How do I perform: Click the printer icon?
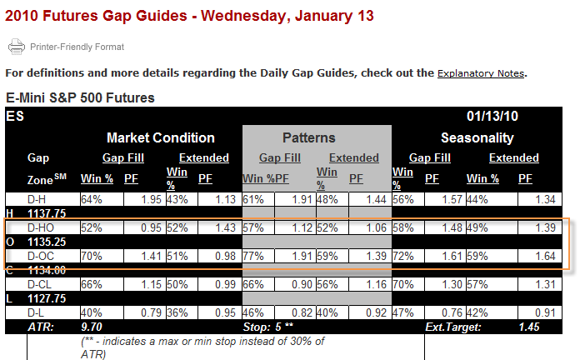coord(17,47)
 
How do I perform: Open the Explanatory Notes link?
coord(481,73)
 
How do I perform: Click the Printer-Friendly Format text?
coord(77,47)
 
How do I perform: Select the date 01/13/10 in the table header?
coord(492,116)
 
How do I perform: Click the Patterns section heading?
coord(309,137)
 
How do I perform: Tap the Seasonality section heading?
coord(477,137)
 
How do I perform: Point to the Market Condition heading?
coord(161,137)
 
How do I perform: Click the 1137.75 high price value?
coord(47,213)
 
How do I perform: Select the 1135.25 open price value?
coord(47,242)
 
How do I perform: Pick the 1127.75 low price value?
coord(47,298)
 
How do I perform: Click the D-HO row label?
coord(41,227)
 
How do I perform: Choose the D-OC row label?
coord(41,256)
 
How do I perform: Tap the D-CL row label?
coord(39,284)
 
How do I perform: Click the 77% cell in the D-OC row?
coord(253,256)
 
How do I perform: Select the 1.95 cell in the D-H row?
coord(152,199)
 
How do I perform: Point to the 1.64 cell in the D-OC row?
coord(545,256)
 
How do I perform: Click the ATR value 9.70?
coord(92,327)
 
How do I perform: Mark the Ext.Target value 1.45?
coord(529,327)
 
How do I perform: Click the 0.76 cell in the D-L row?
coord(452,313)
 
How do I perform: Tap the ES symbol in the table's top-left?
coord(15,116)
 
